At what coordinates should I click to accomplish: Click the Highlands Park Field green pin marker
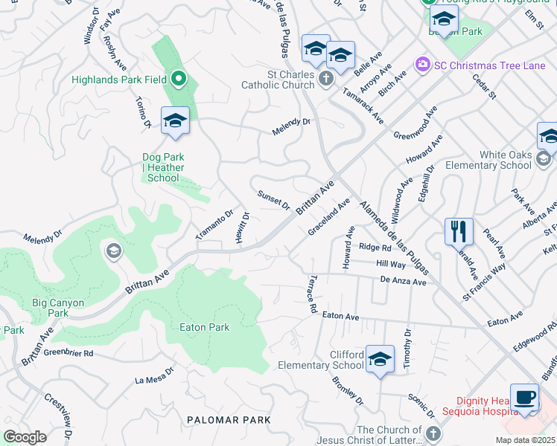[x=178, y=78]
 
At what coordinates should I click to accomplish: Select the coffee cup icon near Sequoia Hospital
[x=525, y=396]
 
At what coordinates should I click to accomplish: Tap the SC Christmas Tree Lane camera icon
[x=423, y=65]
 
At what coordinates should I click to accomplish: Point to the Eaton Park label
[x=205, y=327]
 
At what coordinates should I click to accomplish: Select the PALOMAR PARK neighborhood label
[x=228, y=420]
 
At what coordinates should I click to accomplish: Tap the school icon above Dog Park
[x=175, y=120]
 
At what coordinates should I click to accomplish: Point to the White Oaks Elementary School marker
[x=544, y=158]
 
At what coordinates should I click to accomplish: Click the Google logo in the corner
[x=25, y=437]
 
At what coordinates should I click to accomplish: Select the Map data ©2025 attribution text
[x=525, y=440]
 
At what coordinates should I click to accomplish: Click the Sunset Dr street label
[x=273, y=199]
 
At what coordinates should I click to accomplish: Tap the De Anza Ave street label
[x=403, y=282]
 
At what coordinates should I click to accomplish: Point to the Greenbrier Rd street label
[x=67, y=353]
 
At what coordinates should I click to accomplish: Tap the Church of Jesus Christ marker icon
[x=433, y=433]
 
